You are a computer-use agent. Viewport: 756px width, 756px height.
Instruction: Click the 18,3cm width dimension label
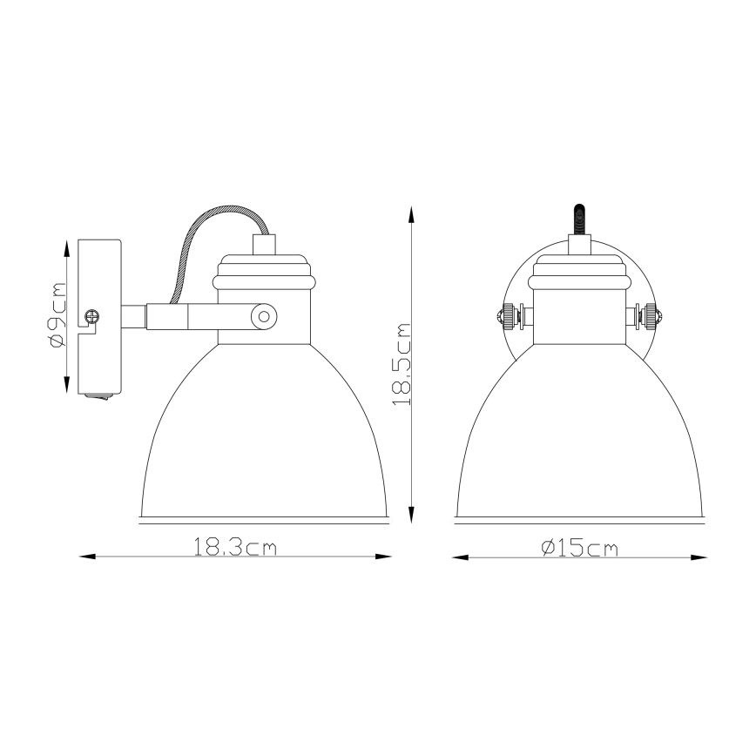coord(234,547)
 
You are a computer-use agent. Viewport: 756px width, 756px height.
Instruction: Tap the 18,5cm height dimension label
coord(402,364)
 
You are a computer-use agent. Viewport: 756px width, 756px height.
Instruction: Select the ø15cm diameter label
coord(578,547)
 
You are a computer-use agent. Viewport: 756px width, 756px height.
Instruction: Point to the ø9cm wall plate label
coord(57,315)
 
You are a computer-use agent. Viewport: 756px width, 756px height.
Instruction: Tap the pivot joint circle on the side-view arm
coord(261,316)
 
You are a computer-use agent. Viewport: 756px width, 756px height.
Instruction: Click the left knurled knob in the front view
coord(506,316)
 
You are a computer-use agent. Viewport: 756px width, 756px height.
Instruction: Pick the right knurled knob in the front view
coord(651,316)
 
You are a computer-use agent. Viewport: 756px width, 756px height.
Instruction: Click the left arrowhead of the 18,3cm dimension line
coord(85,556)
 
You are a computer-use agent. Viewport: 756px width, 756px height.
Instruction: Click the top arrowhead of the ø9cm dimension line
coord(68,246)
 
